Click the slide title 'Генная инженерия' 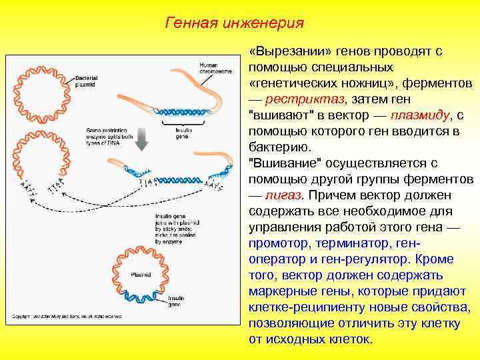point(234,23)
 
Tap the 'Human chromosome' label point(211,68)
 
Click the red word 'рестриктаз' point(306,99)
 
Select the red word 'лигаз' point(283,195)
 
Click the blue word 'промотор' point(277,243)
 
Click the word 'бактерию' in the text point(277,147)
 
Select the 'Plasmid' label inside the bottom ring point(141,274)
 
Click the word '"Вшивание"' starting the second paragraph point(281,163)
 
